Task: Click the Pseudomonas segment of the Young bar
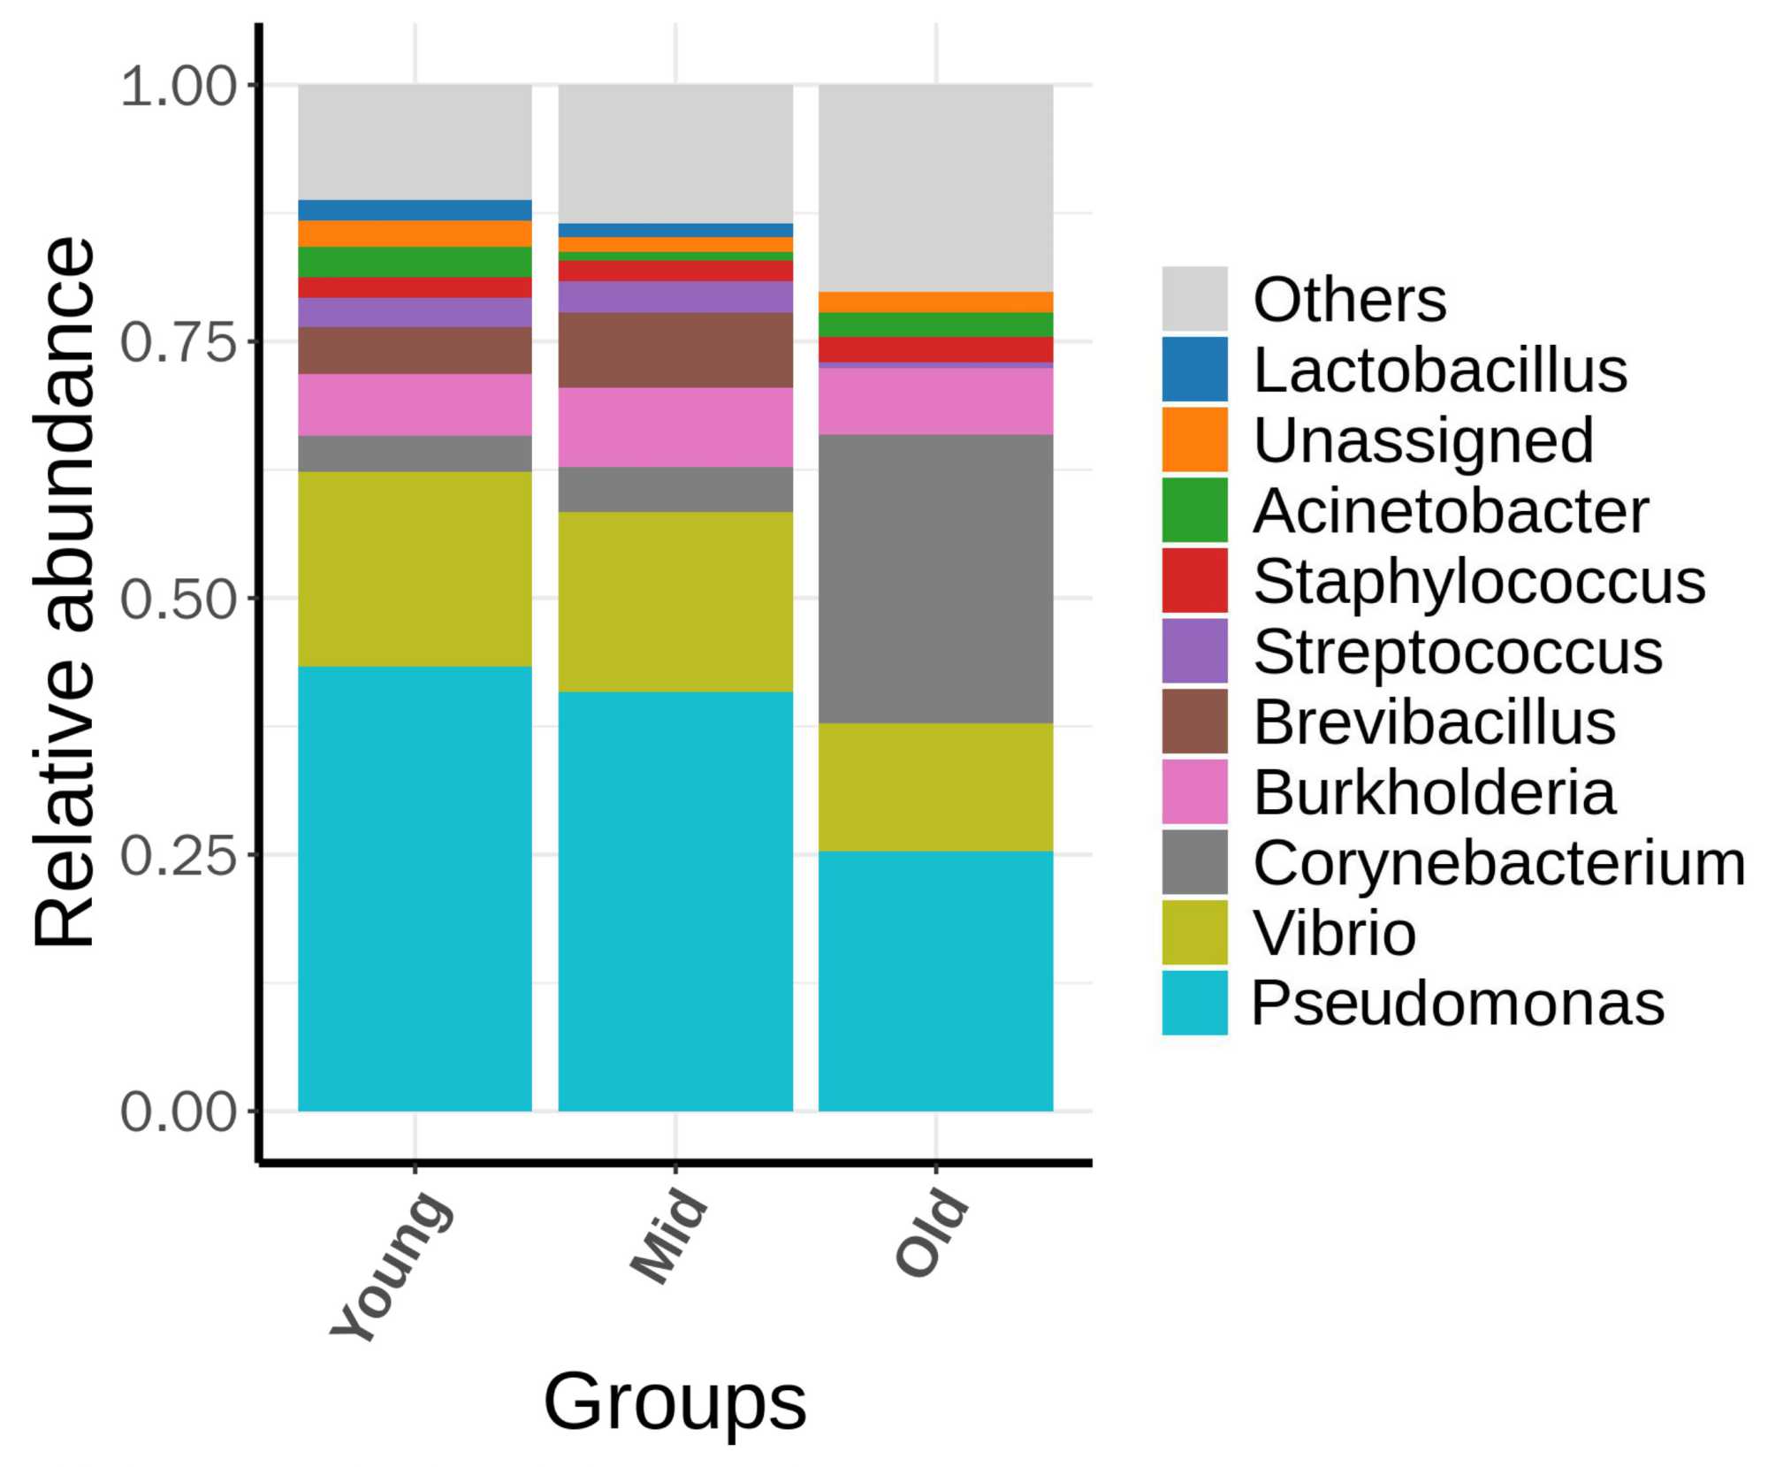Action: click(x=415, y=888)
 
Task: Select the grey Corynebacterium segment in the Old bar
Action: click(x=935, y=578)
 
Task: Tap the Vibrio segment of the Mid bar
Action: click(x=675, y=601)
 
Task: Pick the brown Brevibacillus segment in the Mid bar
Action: click(x=675, y=349)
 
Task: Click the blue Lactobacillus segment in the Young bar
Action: click(x=415, y=210)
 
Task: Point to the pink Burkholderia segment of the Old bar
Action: click(x=935, y=401)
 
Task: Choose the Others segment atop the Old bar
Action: click(x=935, y=187)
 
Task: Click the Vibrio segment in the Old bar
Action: click(x=935, y=787)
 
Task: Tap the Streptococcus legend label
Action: click(x=1458, y=652)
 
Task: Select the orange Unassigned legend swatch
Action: click(x=1194, y=439)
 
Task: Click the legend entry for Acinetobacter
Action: click(x=1451, y=510)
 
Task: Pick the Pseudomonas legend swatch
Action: click(x=1194, y=1003)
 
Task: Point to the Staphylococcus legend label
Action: click(x=1479, y=581)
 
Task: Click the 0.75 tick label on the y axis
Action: click(x=179, y=341)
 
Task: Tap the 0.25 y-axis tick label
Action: click(x=179, y=855)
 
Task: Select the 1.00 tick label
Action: click(x=179, y=86)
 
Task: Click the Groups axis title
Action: click(x=674, y=1402)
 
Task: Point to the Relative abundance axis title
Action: click(x=64, y=592)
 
